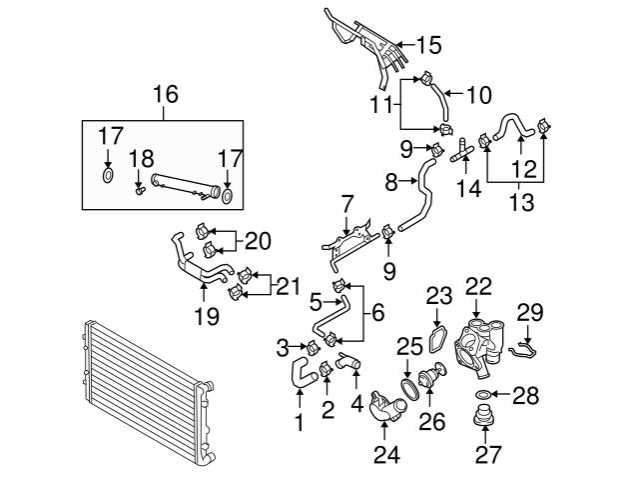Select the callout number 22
479,285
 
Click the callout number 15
427,45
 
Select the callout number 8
390,181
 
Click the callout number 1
298,424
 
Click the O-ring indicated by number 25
408,385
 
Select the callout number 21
287,288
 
